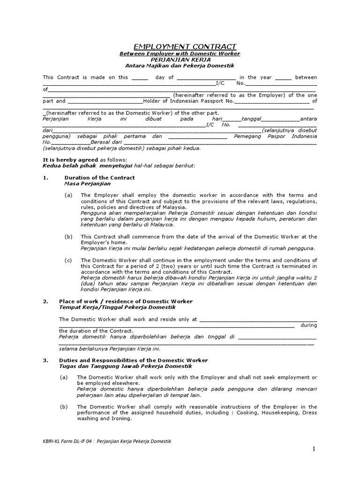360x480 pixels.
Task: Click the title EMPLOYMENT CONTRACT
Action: click(185, 46)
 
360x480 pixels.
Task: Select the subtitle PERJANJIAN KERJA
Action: click(180, 60)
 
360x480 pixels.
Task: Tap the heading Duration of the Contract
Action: click(99, 178)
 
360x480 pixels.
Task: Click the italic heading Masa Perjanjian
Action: click(87, 184)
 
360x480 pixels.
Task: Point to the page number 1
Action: click(315, 449)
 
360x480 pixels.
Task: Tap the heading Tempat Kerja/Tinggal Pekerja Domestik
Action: click(117, 307)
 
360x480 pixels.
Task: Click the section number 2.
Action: click(45, 301)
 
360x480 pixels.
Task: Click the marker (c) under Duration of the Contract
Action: click(68, 260)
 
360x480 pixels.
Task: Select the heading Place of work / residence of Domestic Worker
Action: click(126, 301)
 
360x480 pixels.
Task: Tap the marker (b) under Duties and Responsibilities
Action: click(65, 407)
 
